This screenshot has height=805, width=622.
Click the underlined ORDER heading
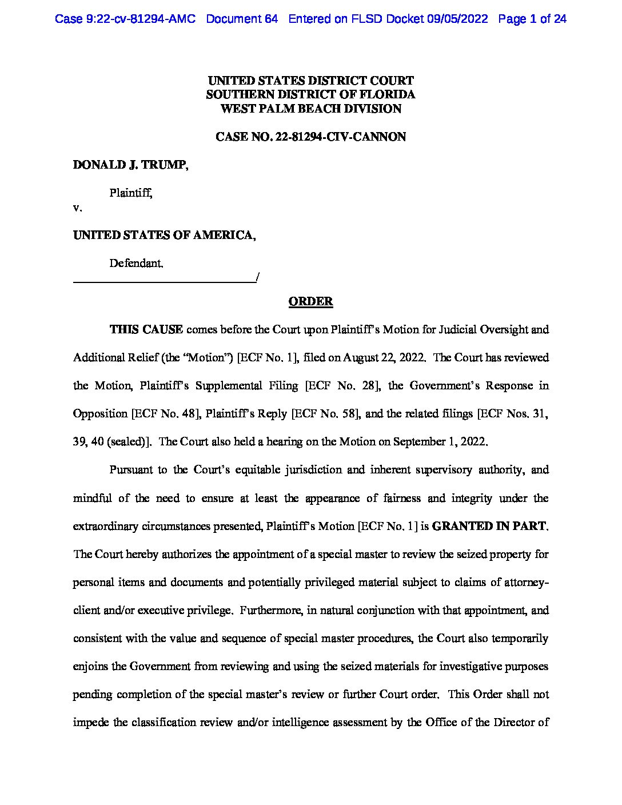coord(310,301)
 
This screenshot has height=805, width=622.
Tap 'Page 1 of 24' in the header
coord(532,19)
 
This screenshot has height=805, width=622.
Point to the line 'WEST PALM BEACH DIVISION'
coord(310,109)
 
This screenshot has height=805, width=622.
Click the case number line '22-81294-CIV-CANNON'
coord(310,137)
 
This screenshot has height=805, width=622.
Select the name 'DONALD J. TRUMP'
coord(130,165)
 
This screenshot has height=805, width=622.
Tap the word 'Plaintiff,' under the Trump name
coord(131,193)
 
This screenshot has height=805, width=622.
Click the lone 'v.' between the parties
coord(77,208)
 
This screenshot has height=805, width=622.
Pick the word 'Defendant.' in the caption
coord(136,264)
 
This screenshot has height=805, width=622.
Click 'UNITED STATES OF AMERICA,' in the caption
coord(164,235)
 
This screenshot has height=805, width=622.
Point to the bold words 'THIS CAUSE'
coord(146,329)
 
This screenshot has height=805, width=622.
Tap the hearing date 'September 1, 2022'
coord(443,442)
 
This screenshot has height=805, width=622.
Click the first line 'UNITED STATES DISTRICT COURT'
coord(310,81)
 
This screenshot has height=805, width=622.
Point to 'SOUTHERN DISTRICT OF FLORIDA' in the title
coord(310,94)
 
